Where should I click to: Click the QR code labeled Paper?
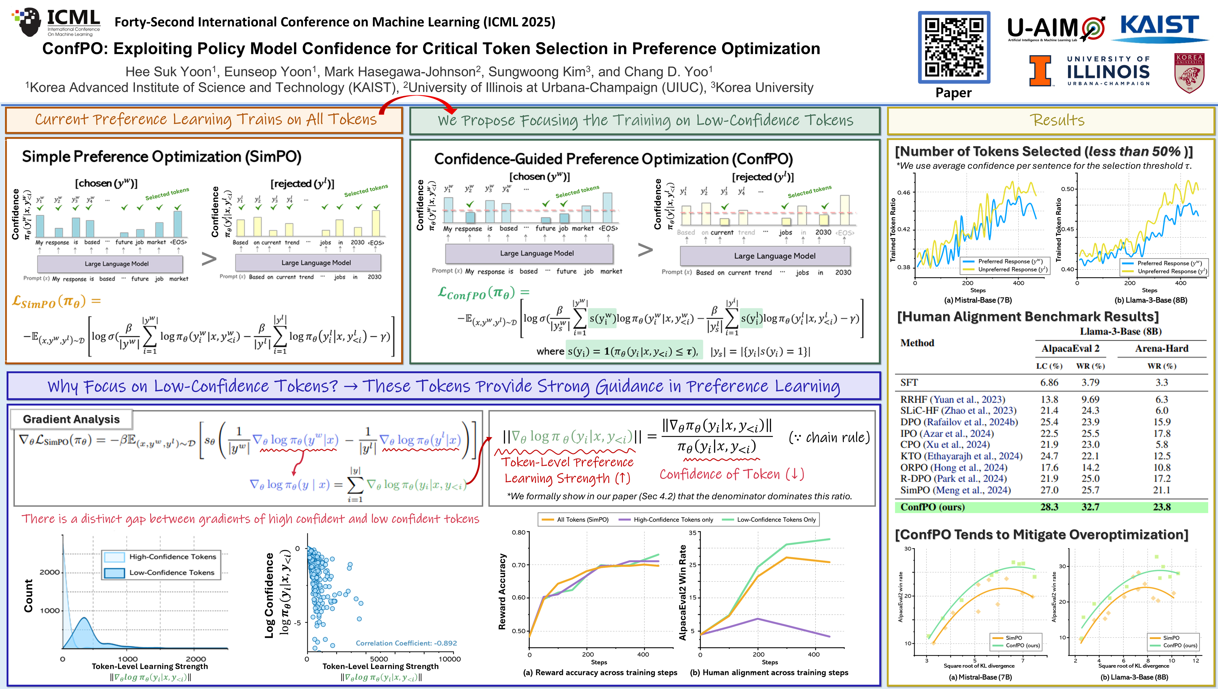pos(953,47)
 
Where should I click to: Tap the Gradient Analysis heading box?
pos(72,419)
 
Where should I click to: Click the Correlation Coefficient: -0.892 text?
pos(406,643)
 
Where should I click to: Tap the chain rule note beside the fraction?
pos(829,437)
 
